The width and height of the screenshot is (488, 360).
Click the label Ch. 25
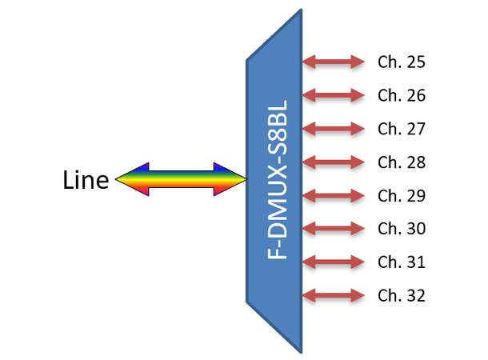click(x=402, y=62)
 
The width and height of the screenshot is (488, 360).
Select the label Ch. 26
click(x=402, y=95)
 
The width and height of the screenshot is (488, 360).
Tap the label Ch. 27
click(x=402, y=129)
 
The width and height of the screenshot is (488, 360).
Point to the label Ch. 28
click(x=402, y=162)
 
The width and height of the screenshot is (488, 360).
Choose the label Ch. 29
click(x=402, y=195)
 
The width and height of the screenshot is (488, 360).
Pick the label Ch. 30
click(x=402, y=229)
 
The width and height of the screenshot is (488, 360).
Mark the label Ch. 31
click(x=402, y=262)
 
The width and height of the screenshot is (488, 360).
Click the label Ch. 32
click(x=402, y=295)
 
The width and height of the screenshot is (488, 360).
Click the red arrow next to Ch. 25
click(x=334, y=62)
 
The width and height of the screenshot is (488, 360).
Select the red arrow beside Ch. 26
click(x=334, y=95)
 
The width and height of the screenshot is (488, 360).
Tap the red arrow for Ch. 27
click(x=334, y=129)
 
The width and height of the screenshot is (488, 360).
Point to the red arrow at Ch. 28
click(x=334, y=162)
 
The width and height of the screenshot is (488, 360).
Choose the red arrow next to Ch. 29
click(x=334, y=195)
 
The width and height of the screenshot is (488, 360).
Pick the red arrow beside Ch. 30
click(x=334, y=229)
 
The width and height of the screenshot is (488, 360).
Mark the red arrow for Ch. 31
click(x=334, y=262)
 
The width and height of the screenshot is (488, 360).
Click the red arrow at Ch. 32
click(x=334, y=295)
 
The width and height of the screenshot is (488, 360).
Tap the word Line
click(x=86, y=180)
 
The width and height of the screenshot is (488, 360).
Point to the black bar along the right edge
click(x=458, y=180)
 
